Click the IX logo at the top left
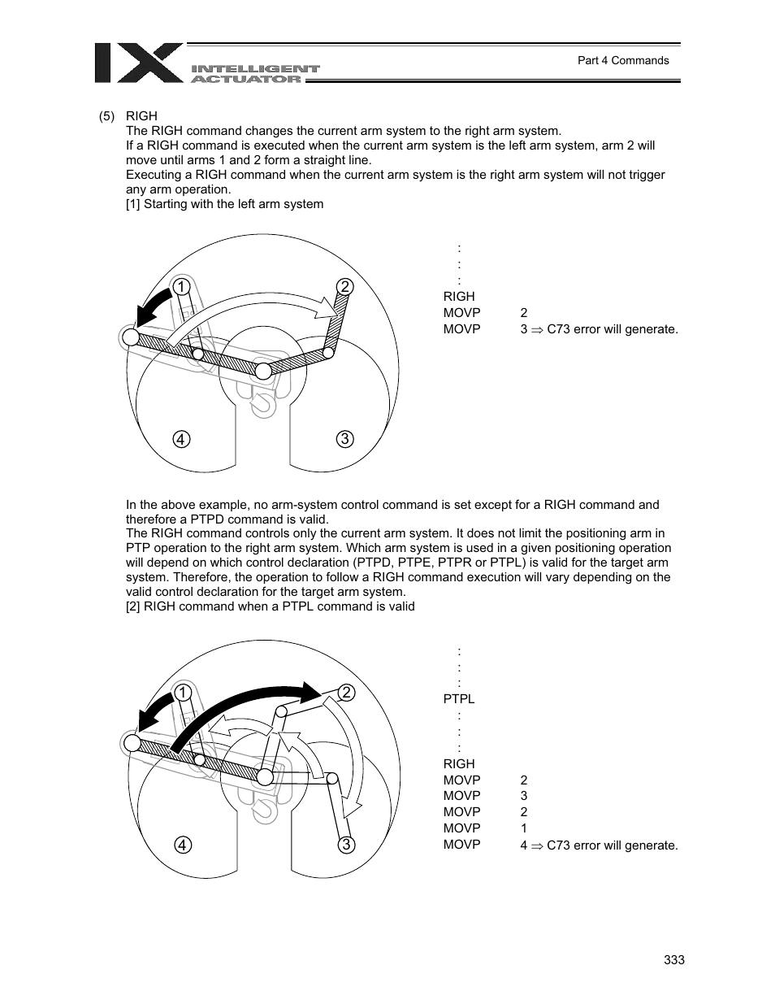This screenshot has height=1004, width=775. point(138,63)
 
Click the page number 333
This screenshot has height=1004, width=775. point(674,960)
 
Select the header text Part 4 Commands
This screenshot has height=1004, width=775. point(623,60)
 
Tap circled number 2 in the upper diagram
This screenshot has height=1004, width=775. point(344,286)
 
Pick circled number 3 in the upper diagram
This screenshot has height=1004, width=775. point(344,439)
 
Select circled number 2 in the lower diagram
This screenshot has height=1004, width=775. point(346,693)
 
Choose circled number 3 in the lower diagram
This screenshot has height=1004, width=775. point(346,845)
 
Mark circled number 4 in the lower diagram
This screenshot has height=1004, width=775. point(182,845)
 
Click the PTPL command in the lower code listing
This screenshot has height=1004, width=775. point(459,699)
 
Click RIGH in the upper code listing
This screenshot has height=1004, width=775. point(459,297)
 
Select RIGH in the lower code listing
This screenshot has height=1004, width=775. point(459,764)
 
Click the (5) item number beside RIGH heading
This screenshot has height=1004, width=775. point(107,116)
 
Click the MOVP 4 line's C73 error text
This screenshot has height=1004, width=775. point(612,845)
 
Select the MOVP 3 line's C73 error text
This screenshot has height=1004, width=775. point(612,329)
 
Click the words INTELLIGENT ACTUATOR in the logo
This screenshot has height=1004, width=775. point(255,74)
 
